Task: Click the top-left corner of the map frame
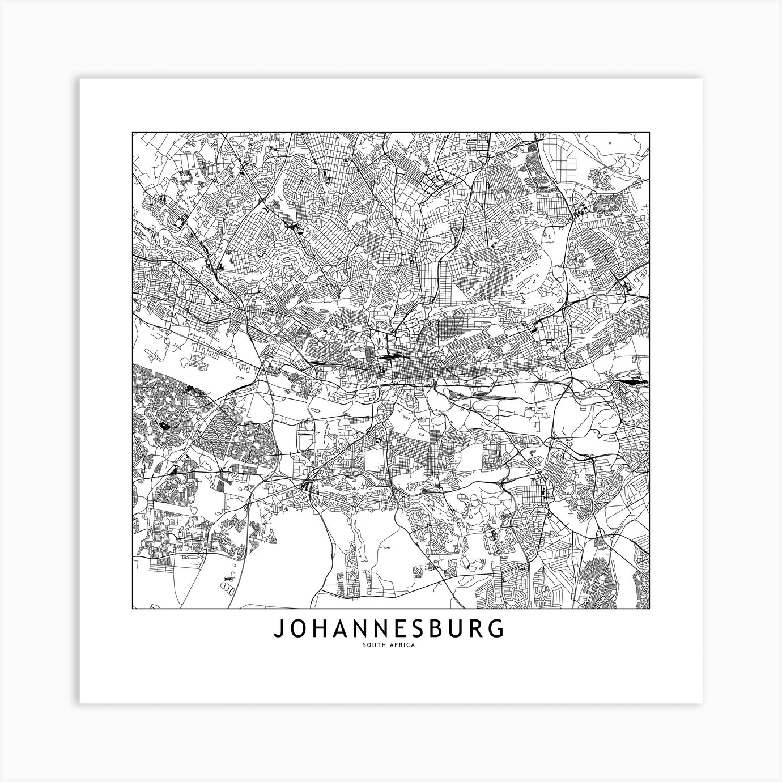click(x=133, y=133)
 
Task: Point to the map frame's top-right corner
click(x=649, y=133)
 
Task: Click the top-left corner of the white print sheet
click(x=80, y=79)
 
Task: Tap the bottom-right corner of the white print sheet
click(x=703, y=703)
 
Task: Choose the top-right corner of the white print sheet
click(x=703, y=79)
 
